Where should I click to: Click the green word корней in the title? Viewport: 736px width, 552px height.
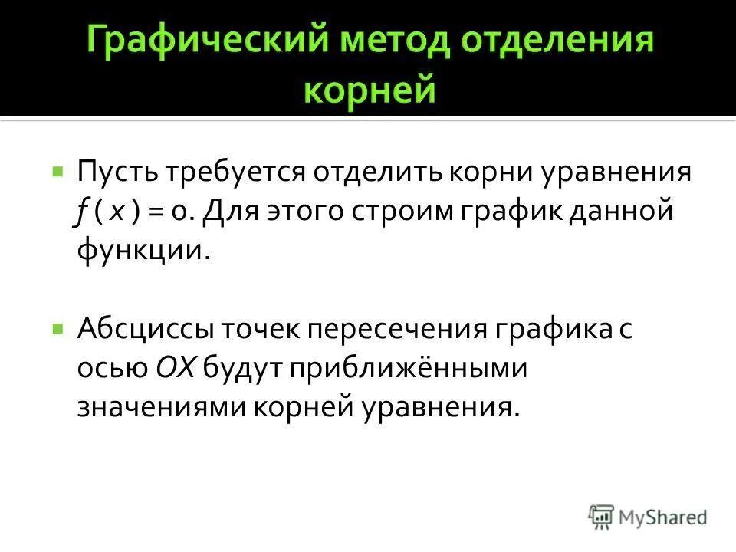click(370, 90)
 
